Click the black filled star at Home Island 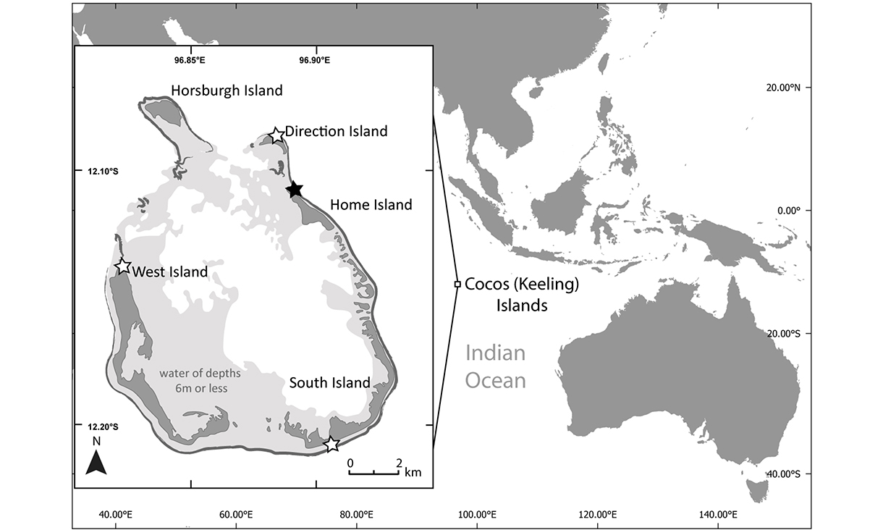pos(294,190)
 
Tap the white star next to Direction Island pos(276,135)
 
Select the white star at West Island pos(123,266)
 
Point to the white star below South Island pos(331,444)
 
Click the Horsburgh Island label pos(227,91)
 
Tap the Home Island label pos(371,205)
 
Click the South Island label pos(329,382)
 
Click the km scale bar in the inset pos(373,474)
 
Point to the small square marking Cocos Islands pos(457,285)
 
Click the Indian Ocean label pos(495,366)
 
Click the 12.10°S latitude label pos(103,172)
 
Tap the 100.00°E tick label pos(478,515)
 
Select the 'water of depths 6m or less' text pos(200,381)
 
